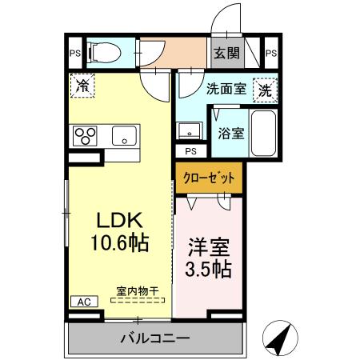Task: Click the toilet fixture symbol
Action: click(102, 54)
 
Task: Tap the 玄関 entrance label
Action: click(226, 54)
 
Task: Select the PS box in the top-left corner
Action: click(74, 54)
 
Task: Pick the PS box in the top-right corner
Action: click(270, 54)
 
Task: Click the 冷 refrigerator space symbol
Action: click(82, 85)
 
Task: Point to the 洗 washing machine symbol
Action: click(263, 90)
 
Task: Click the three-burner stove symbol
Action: click(86, 136)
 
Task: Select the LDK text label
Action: click(120, 220)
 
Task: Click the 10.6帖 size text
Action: click(120, 242)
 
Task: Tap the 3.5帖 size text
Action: click(210, 269)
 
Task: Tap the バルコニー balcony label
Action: click(155, 338)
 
